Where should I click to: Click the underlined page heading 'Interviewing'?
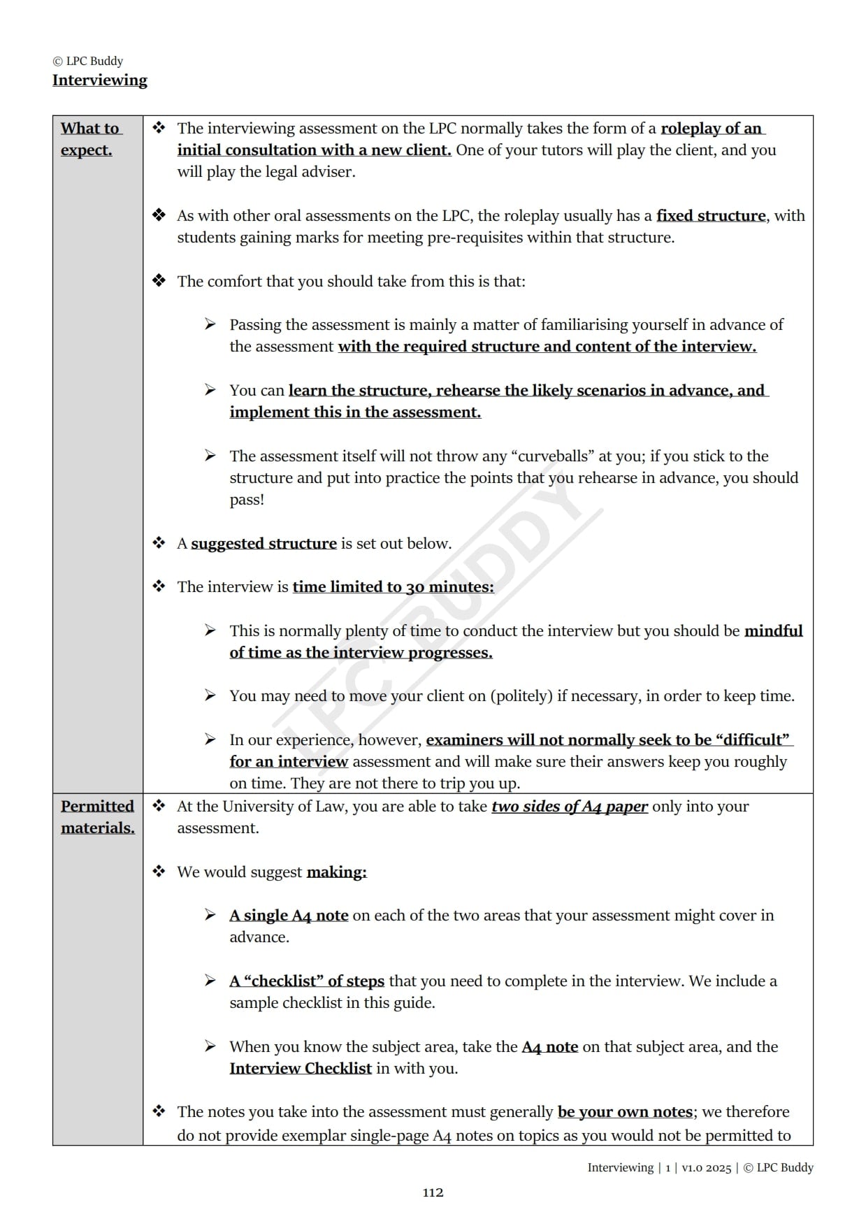click(x=100, y=80)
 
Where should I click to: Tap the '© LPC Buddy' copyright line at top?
click(x=88, y=61)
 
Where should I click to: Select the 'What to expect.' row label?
click(x=90, y=139)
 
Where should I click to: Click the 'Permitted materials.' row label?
click(x=97, y=816)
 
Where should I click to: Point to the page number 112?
click(x=433, y=1192)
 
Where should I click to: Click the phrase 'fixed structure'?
click(x=710, y=215)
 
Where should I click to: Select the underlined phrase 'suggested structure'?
click(x=264, y=543)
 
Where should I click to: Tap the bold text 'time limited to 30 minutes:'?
click(x=393, y=586)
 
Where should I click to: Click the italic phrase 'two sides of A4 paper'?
click(x=569, y=806)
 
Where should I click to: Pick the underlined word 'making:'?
click(x=336, y=872)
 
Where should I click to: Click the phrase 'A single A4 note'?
click(x=289, y=915)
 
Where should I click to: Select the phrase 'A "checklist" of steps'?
click(x=307, y=981)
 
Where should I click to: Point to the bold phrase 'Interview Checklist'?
click(x=301, y=1068)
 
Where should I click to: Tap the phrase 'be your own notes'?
click(x=625, y=1111)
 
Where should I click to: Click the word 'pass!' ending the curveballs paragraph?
click(x=247, y=500)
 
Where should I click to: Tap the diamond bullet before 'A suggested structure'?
click(x=159, y=542)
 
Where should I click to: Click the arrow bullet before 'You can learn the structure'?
click(x=210, y=389)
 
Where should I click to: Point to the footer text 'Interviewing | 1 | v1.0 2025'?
click(x=659, y=1167)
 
